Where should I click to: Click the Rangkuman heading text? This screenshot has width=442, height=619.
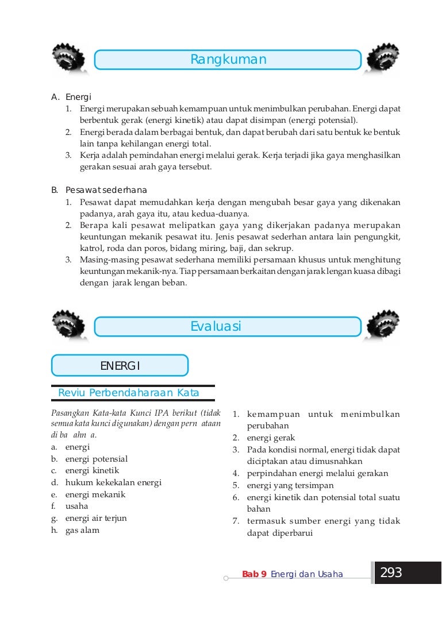click(x=228, y=60)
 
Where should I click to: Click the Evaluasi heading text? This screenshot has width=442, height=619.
click(x=216, y=327)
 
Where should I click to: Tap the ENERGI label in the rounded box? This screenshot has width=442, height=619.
click(x=120, y=366)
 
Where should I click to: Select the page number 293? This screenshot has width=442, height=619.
click(x=391, y=572)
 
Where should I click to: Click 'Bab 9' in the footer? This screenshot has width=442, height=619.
click(x=254, y=574)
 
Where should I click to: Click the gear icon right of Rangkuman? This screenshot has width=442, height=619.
click(x=383, y=59)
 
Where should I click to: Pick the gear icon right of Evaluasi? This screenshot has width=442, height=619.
click(x=383, y=326)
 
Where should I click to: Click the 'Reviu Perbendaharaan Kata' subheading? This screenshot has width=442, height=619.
click(x=129, y=393)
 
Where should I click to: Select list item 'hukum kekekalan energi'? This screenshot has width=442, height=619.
click(x=113, y=482)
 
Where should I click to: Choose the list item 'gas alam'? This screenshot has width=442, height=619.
click(x=82, y=530)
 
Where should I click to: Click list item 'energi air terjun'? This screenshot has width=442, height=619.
click(x=96, y=518)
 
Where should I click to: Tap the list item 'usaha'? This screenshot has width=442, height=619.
click(x=76, y=506)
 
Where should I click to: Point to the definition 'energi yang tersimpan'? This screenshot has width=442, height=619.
click(x=290, y=485)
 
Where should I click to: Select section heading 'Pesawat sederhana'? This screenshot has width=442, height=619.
click(x=106, y=190)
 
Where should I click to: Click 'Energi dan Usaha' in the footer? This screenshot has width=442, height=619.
click(x=306, y=574)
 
